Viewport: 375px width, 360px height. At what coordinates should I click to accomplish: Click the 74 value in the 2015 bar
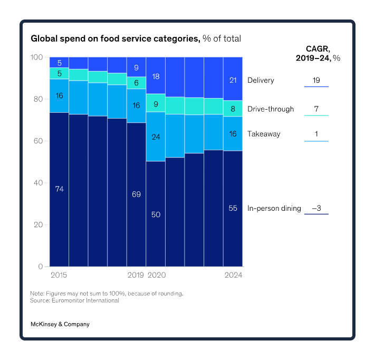(x=59, y=189)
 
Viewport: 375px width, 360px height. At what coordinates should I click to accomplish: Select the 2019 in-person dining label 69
(x=136, y=194)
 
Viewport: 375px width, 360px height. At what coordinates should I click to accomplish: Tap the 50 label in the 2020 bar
(x=156, y=215)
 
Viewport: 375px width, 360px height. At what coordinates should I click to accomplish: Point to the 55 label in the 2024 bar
(x=233, y=208)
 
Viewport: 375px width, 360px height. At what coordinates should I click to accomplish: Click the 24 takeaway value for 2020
(x=156, y=137)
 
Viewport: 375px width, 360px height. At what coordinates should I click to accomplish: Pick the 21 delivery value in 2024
(x=233, y=80)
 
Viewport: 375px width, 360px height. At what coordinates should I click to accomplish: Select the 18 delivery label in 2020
(x=156, y=76)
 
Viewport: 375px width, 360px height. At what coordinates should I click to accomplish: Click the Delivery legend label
(x=261, y=81)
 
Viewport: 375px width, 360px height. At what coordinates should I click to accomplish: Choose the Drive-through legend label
(x=271, y=110)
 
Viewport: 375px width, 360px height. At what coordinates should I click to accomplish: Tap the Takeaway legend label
(x=264, y=134)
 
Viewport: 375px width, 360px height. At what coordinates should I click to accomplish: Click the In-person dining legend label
(x=274, y=208)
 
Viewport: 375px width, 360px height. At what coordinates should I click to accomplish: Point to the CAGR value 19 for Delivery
(x=316, y=81)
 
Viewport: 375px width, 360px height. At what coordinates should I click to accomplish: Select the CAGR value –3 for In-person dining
(x=316, y=208)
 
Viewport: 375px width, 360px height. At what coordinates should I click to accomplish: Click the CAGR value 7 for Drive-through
(x=316, y=110)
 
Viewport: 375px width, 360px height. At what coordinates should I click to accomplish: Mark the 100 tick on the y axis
(x=36, y=57)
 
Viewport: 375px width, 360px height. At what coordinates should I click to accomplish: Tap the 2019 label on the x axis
(x=136, y=275)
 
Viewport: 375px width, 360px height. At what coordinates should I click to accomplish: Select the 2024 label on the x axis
(x=233, y=275)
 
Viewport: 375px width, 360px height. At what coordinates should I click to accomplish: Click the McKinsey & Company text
(x=60, y=324)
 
